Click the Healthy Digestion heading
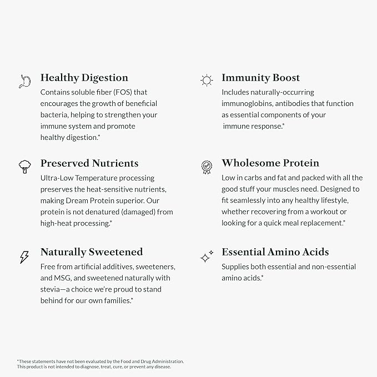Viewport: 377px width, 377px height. coord(84,78)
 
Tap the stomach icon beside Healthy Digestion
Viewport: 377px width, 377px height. coord(24,81)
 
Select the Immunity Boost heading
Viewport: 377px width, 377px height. coord(260,78)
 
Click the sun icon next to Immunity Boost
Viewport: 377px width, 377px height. coord(207,81)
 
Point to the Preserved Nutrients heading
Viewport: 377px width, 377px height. coord(89,163)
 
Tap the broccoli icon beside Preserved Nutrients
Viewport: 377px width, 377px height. coord(24,167)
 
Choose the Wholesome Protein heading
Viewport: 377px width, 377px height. coord(270,163)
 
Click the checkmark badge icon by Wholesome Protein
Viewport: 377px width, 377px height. coord(207,167)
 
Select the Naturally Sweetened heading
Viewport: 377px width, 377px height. coord(92,252)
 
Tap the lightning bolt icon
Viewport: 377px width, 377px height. coord(24,257)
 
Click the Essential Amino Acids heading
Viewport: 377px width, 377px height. coord(275,252)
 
